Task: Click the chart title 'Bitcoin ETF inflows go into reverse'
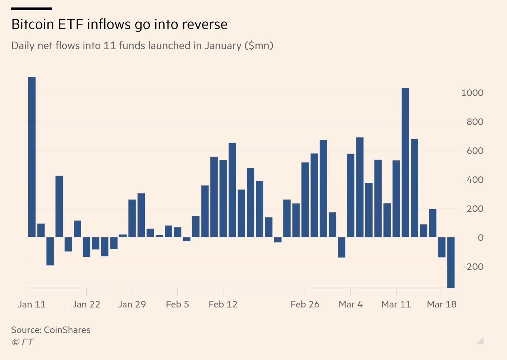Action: click(x=119, y=24)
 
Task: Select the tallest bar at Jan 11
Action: click(x=32, y=157)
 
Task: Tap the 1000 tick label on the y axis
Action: click(x=472, y=93)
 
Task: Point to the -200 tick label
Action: click(x=473, y=267)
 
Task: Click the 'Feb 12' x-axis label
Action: click(x=223, y=304)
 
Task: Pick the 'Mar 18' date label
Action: click(x=441, y=304)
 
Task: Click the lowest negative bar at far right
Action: click(x=451, y=262)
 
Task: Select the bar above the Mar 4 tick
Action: click(x=351, y=195)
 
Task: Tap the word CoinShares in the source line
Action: click(x=67, y=330)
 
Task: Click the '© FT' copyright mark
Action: click(x=22, y=342)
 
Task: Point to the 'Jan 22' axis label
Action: click(x=86, y=304)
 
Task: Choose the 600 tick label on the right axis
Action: click(x=475, y=151)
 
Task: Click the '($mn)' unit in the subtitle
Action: click(x=259, y=46)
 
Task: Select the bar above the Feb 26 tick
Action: click(x=305, y=200)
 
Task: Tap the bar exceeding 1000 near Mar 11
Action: click(x=405, y=162)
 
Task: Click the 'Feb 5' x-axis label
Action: click(x=177, y=304)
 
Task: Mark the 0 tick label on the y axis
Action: click(x=480, y=238)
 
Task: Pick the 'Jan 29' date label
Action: click(x=132, y=304)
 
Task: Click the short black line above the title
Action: click(x=32, y=8)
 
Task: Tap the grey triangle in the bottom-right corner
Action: click(x=481, y=341)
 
